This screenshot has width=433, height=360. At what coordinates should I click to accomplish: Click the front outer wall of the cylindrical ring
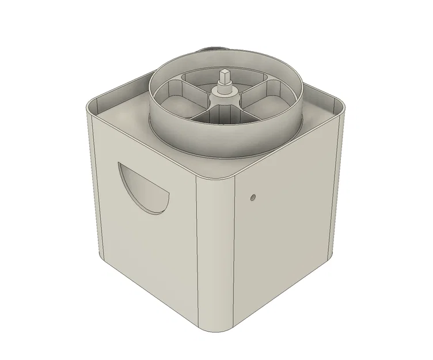pyautogui.click(x=225, y=141)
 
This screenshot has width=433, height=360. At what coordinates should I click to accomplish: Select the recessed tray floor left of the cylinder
pyautogui.click(x=124, y=115)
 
